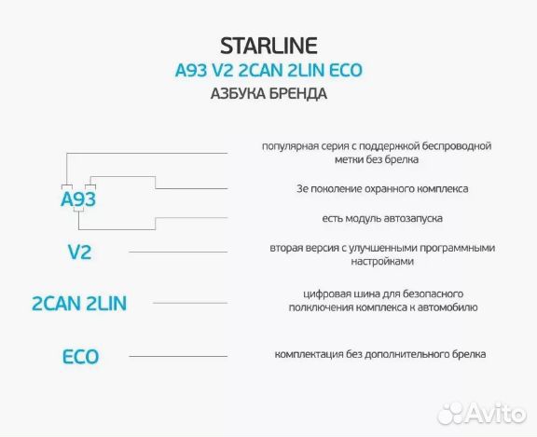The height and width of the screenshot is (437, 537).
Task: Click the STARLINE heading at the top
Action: tap(268, 45)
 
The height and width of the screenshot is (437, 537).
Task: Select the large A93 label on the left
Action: tap(78, 200)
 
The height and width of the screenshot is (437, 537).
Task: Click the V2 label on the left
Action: tap(79, 252)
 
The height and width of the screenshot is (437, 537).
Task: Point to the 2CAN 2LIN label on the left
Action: tap(78, 303)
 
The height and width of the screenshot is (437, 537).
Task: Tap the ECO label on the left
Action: tap(79, 356)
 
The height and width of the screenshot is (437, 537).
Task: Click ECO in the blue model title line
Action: tap(342, 70)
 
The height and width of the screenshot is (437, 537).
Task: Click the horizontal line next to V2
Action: tap(177, 252)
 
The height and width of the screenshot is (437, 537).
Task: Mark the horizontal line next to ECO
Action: tap(177, 356)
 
